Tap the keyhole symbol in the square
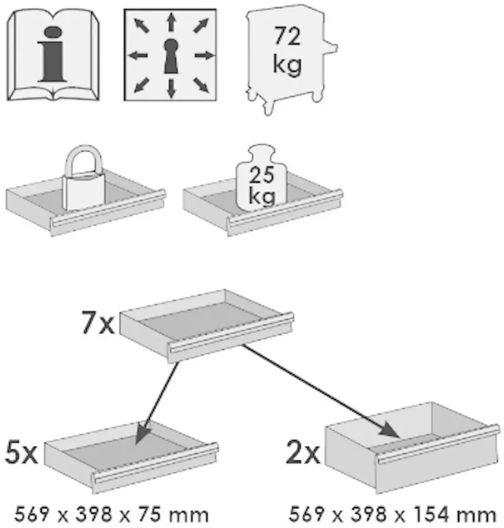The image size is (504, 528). coord(171,56)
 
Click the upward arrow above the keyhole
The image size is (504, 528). coord(171,22)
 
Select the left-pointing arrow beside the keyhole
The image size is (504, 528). coord(138,55)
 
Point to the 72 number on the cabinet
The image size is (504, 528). coord(287,37)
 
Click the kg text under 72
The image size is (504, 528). coord(287,64)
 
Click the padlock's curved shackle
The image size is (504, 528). coord(84,160)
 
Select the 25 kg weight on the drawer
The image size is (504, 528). coord(261,178)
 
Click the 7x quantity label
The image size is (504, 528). coord(98,322)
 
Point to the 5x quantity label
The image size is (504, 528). coord(21,453)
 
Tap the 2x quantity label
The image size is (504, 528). coord(302,452)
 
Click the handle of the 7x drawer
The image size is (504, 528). coord(232,333)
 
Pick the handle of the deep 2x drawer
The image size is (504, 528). coord(438,444)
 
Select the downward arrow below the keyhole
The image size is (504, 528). coord(171,89)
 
